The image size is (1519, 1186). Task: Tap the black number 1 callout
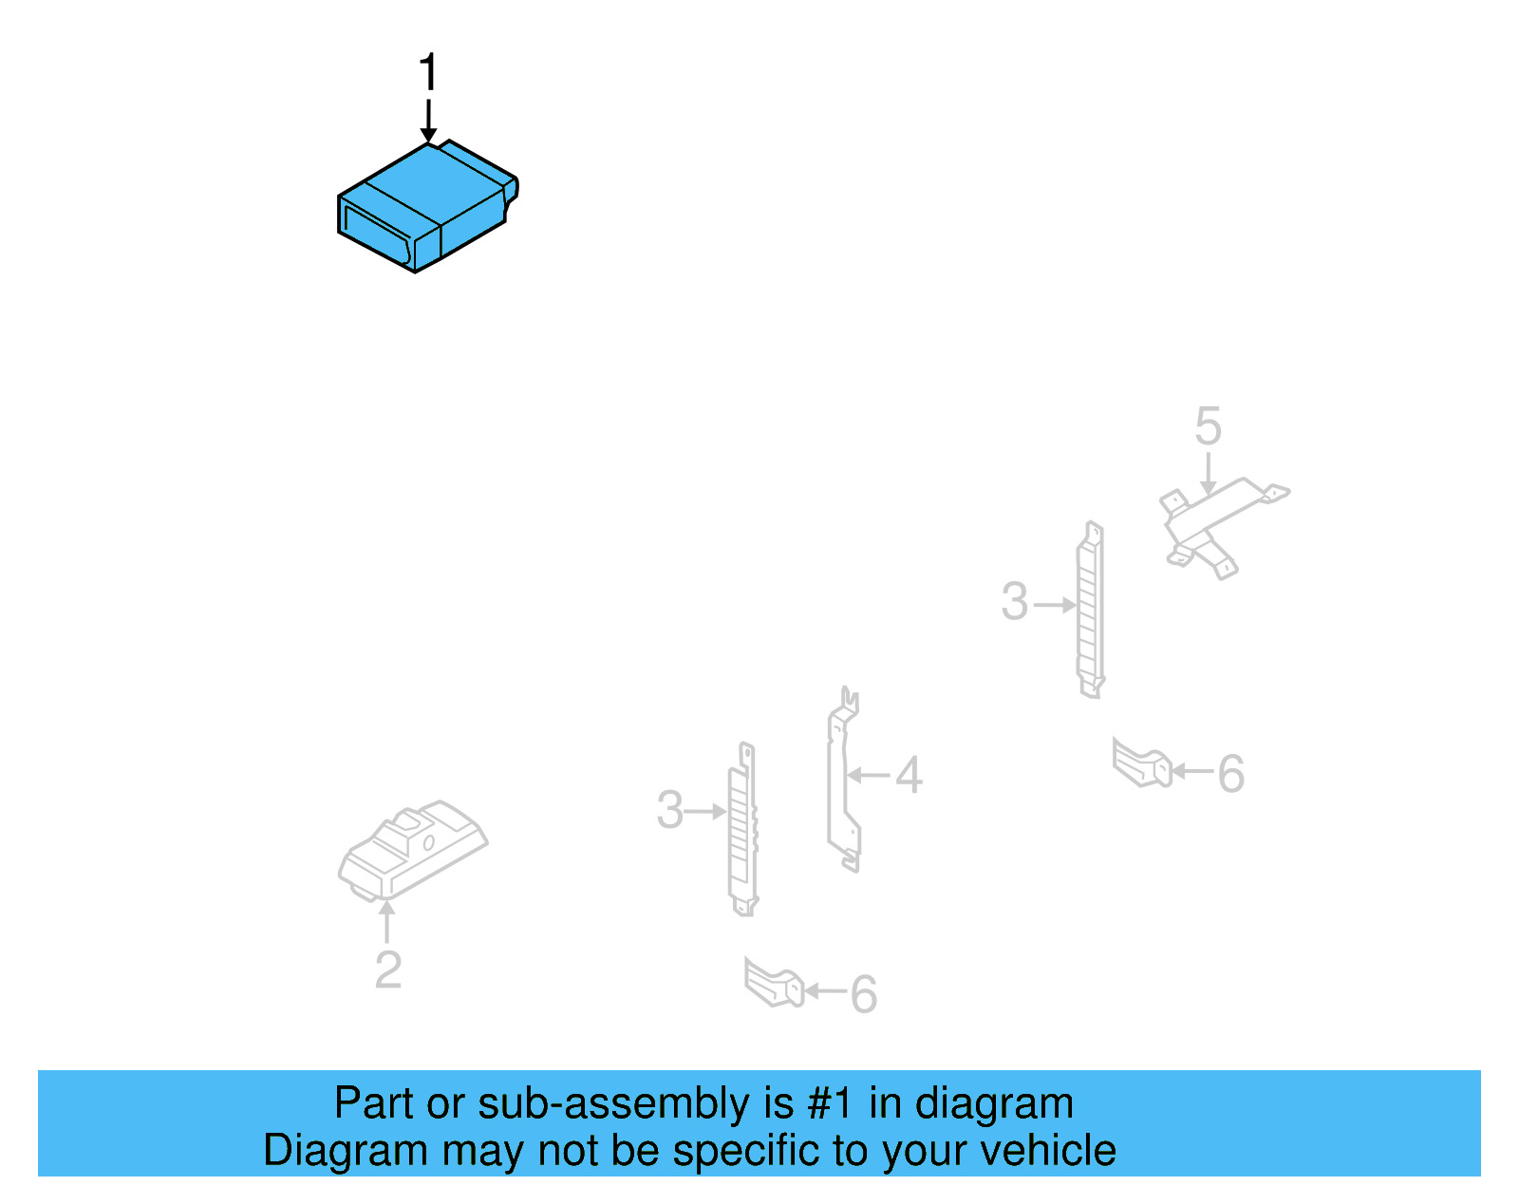[428, 73]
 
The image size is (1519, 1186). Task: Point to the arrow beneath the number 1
[428, 121]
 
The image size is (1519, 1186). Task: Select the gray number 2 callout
[388, 970]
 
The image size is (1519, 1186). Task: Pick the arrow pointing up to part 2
[386, 920]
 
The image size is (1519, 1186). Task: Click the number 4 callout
[909, 775]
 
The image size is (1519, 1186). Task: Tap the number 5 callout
[1208, 425]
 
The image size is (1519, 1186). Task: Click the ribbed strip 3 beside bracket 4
[742, 829]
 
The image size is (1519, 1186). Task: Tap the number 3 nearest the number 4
[670, 810]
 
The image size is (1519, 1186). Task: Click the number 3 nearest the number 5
[1015, 602]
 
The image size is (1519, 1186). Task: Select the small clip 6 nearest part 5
[1142, 763]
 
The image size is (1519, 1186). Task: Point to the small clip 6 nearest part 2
[774, 983]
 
